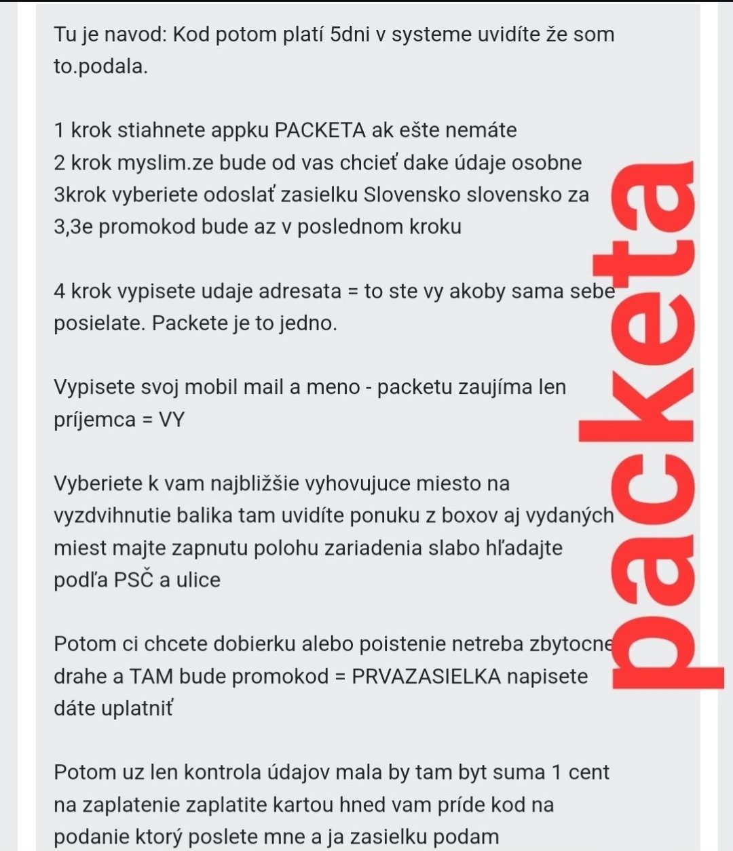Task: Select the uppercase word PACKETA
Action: click(x=320, y=130)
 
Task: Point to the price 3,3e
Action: click(x=73, y=226)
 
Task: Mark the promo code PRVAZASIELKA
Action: click(x=426, y=677)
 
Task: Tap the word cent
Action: click(x=588, y=773)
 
